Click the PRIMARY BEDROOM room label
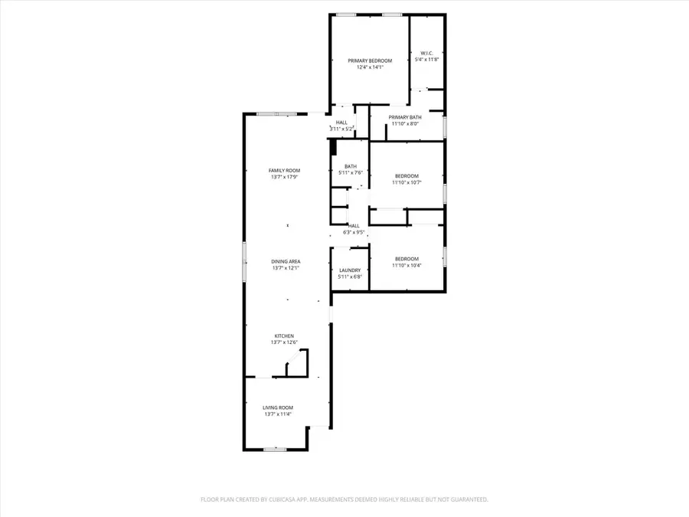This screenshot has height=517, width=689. click(x=370, y=61)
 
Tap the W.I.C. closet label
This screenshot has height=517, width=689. click(x=426, y=53)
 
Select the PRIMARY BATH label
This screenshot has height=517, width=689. click(x=405, y=117)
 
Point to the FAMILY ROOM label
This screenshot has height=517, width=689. click(x=284, y=170)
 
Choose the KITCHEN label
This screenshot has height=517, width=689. click(x=284, y=335)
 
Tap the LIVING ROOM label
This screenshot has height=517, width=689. click(x=278, y=407)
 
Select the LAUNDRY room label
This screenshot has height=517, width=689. click(x=350, y=270)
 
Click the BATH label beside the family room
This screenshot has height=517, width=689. click(x=350, y=166)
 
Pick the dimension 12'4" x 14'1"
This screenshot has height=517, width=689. click(x=370, y=67)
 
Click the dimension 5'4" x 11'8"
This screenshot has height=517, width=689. click(x=426, y=60)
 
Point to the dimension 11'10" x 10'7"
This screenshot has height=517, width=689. click(x=407, y=182)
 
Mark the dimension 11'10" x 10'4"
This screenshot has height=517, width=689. click(x=407, y=266)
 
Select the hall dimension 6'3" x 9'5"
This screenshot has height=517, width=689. click(x=354, y=232)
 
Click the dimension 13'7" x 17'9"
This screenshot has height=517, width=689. click(x=284, y=177)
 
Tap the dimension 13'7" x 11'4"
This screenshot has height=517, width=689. click(x=278, y=414)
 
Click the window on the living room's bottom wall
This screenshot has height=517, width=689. click(x=275, y=449)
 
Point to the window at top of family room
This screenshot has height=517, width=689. click(x=277, y=114)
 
